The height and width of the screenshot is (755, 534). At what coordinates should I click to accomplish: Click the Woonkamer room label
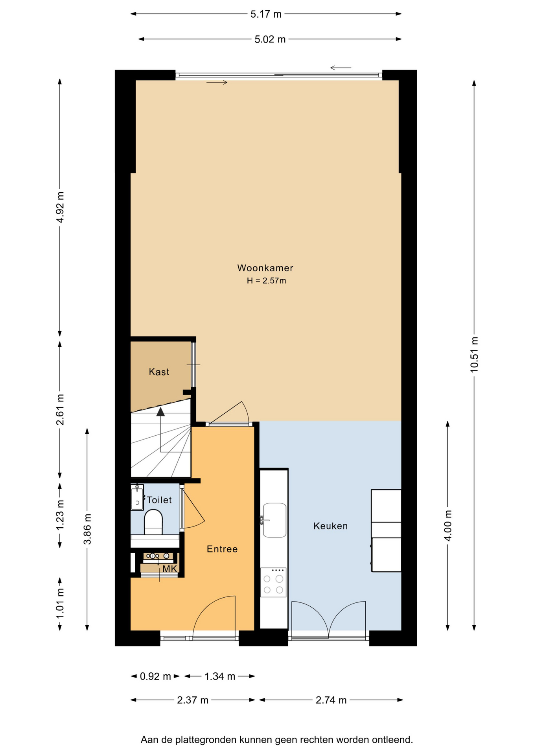click(x=265, y=268)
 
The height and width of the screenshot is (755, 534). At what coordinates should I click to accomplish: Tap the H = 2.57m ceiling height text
click(x=266, y=281)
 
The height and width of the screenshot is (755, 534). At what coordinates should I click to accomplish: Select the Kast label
click(x=159, y=372)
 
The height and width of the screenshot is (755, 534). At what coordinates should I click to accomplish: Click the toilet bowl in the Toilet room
click(x=153, y=522)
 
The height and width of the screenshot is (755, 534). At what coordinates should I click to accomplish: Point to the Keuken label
click(x=330, y=526)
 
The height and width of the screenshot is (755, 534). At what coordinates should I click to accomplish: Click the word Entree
click(x=222, y=549)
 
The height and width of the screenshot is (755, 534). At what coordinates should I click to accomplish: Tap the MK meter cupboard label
click(x=170, y=569)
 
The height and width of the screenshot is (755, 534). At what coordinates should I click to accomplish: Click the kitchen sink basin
click(x=274, y=520)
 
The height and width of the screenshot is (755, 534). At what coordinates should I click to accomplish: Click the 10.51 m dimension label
click(x=474, y=355)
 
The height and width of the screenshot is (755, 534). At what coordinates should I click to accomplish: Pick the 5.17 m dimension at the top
click(x=266, y=14)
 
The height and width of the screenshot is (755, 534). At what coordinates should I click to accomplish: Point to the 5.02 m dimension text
click(x=270, y=39)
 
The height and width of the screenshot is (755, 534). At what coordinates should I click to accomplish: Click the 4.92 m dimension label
click(x=60, y=207)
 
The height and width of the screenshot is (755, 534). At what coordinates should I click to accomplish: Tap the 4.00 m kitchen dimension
click(x=448, y=525)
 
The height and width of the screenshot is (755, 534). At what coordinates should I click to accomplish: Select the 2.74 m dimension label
click(x=331, y=700)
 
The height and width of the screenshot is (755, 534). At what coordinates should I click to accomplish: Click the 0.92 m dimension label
click(x=155, y=676)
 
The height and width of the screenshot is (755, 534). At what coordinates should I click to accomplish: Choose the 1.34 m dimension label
click(x=219, y=676)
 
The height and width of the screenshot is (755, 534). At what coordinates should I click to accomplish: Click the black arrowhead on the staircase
click(x=160, y=412)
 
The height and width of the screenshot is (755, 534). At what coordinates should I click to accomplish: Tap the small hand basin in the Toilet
click(x=137, y=497)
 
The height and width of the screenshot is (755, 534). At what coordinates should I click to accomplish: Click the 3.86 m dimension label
click(x=88, y=529)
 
